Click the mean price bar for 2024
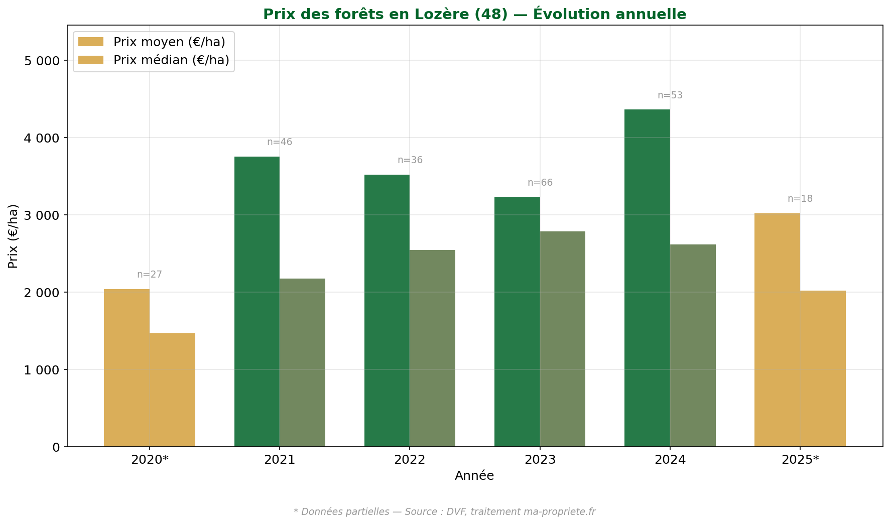click(647, 278)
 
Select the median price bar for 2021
click(302, 362)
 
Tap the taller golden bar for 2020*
click(126, 368)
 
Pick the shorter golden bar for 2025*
click(823, 368)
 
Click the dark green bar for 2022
click(387, 311)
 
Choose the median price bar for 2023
click(562, 339)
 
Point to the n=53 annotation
click(670, 95)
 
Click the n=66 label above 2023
click(540, 183)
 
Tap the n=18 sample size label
click(800, 199)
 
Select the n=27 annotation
click(150, 275)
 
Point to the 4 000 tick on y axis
click(42, 138)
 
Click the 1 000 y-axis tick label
click(42, 370)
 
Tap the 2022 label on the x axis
click(410, 460)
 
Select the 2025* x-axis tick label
click(800, 460)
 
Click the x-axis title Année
click(474, 476)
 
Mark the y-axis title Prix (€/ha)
click(13, 236)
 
